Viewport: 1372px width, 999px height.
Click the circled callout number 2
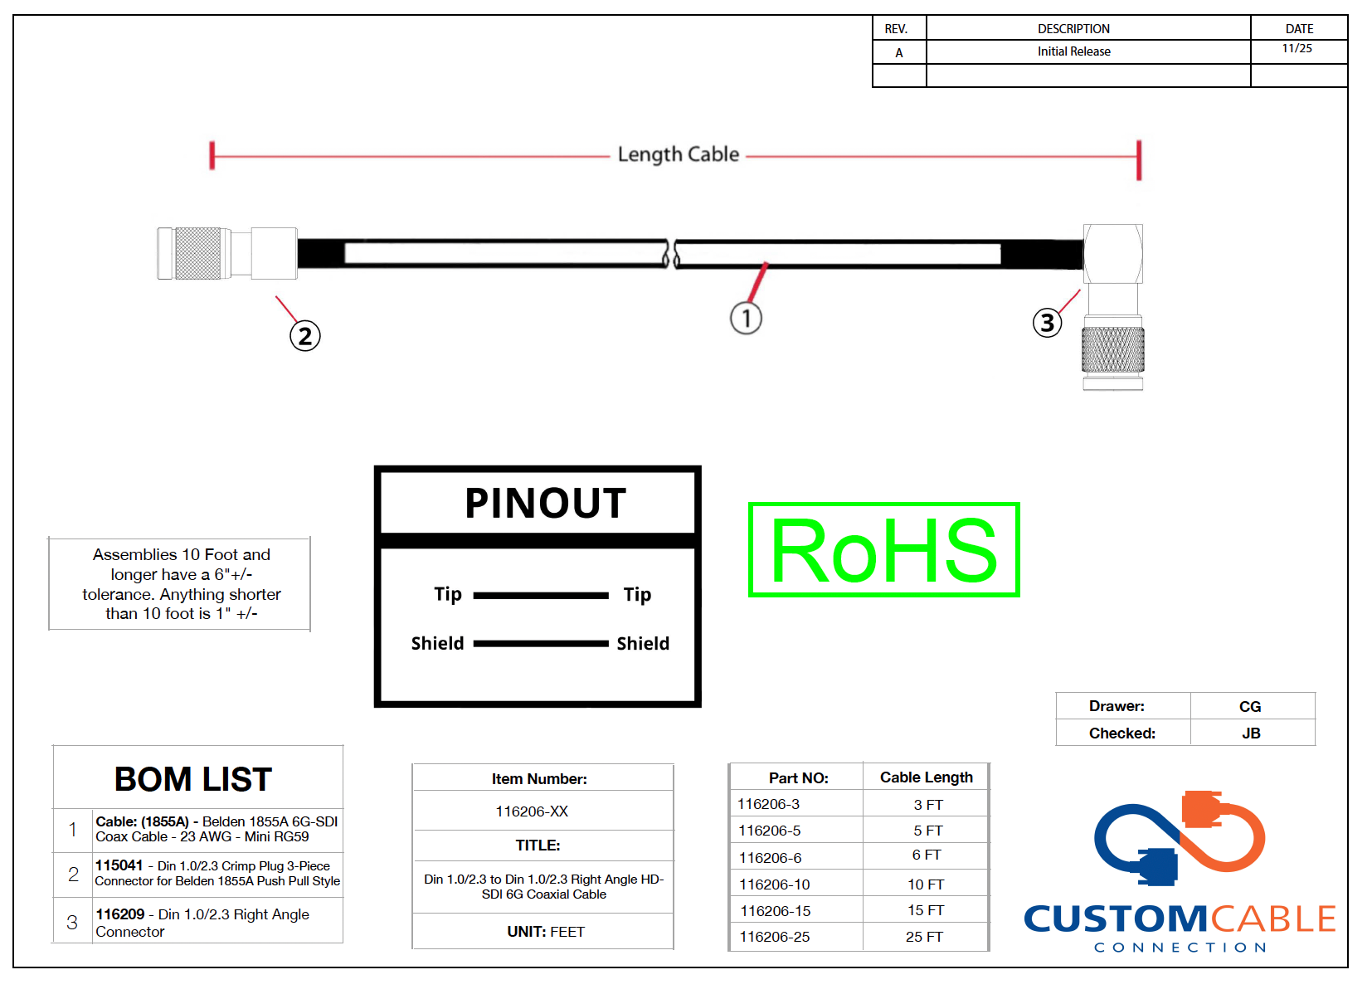tap(305, 336)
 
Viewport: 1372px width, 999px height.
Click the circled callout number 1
tap(746, 319)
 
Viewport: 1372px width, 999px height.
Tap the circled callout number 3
tap(1048, 323)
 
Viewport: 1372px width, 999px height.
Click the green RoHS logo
tap(884, 549)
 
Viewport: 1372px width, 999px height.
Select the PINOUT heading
tap(545, 503)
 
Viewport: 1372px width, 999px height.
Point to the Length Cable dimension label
tap(678, 154)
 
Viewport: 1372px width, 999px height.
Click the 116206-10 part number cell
tap(774, 884)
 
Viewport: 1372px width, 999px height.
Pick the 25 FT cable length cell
tap(924, 937)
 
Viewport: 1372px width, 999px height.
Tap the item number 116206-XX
tap(532, 811)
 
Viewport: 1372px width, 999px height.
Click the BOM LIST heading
tap(193, 779)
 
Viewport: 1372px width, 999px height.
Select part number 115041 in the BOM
tap(119, 865)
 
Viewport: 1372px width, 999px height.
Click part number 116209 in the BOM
tap(120, 914)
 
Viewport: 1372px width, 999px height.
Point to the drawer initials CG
tap(1250, 706)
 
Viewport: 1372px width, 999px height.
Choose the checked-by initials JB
tap(1251, 733)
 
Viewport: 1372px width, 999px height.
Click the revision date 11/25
tap(1297, 48)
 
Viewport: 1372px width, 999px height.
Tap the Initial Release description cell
tap(1073, 51)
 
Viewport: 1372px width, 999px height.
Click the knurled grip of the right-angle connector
tap(1112, 349)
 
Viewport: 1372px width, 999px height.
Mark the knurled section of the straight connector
tap(198, 253)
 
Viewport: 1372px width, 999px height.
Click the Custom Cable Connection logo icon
tap(1179, 839)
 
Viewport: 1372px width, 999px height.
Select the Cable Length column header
tap(926, 777)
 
